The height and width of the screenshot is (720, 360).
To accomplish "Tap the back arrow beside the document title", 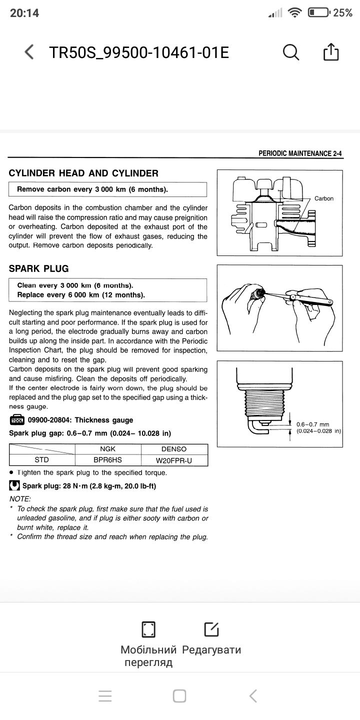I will pos(29,52).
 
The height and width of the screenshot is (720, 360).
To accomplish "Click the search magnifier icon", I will pos(290,51).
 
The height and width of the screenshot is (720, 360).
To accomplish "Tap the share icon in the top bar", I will pos(331,51).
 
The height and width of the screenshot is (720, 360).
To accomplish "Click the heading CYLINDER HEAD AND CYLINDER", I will pos(83,173).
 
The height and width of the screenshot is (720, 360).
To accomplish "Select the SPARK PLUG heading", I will pos(38,268).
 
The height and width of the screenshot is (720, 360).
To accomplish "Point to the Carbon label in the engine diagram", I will pos(323,198).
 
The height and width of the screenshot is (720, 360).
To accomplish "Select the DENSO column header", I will pos(174,449).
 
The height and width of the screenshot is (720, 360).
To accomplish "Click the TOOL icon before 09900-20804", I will pos(16,420).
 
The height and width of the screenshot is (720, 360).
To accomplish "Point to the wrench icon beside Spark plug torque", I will pos(15,485).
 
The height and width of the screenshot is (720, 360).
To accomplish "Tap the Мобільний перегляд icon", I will pos(148,629).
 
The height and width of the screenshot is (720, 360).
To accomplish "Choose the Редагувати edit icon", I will pos(211,629).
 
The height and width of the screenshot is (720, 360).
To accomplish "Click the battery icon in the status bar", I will pos(318,13).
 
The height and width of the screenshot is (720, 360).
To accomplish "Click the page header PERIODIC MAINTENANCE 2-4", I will pos(300,154).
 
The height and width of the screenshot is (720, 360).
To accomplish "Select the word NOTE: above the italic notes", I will pos(20,498).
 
